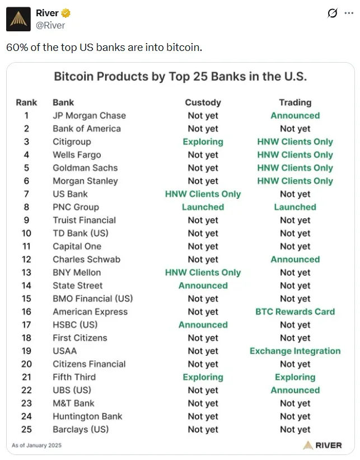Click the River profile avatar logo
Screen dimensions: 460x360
pos(18,20)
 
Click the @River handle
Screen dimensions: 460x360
pos(50,25)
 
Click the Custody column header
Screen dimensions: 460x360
pos(203,102)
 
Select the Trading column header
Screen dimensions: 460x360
pos(295,102)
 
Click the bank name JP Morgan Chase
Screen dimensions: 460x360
pos(89,116)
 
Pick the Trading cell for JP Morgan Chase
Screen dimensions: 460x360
pos(295,116)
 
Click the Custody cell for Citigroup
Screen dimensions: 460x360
pos(203,142)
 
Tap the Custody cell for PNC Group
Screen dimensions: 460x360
pos(203,207)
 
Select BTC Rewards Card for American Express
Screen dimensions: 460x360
pos(295,312)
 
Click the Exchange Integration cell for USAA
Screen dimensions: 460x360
pos(295,351)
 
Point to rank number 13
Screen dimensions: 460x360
pos(26,273)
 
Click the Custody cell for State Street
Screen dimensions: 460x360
pos(203,285)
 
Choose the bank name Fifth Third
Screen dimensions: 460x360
pos(74,377)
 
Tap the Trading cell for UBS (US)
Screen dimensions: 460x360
pos(295,390)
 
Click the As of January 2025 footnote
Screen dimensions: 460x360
pos(37,445)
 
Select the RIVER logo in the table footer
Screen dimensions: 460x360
pos(322,445)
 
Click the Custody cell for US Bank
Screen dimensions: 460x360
pos(203,194)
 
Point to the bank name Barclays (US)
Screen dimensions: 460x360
pos(81,429)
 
